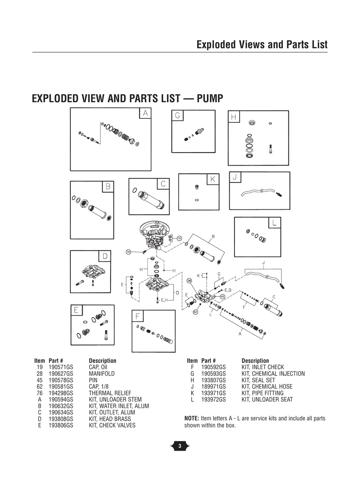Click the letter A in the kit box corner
[x=145, y=113]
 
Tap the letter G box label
[x=178, y=116]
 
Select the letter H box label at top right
[x=234, y=117]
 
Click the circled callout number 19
[x=179, y=238]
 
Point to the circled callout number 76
[x=128, y=252]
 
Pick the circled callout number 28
[x=190, y=281]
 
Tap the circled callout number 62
[x=195, y=312]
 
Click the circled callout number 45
[x=223, y=296]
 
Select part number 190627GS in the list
[x=61, y=374]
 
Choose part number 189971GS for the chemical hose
[x=213, y=387]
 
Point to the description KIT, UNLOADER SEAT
[x=267, y=399]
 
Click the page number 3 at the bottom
[x=180, y=446]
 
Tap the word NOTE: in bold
[x=192, y=419]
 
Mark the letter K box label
[x=213, y=180]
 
